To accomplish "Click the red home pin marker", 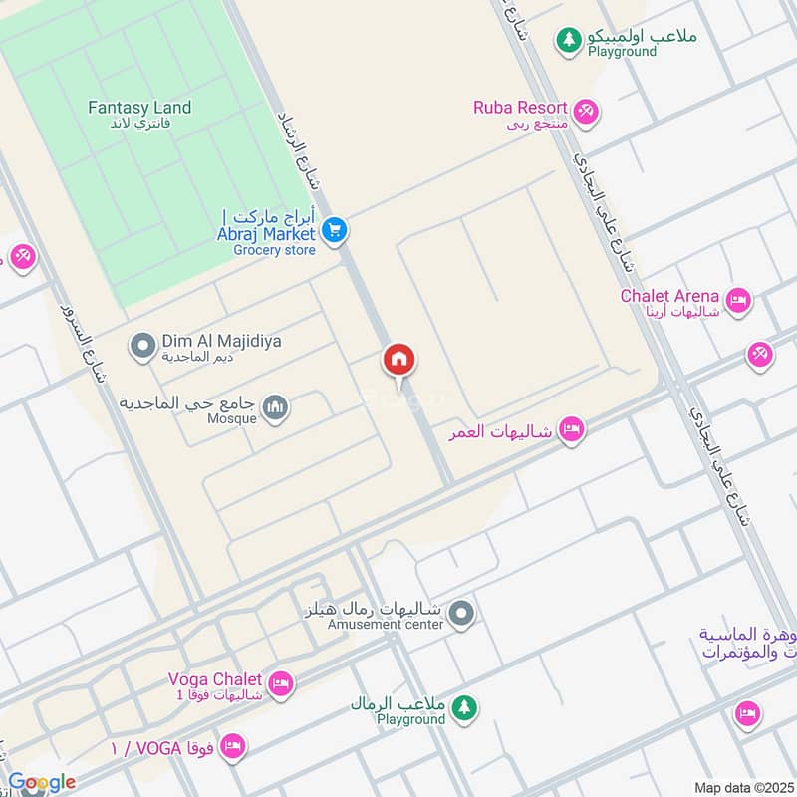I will coord(399,360).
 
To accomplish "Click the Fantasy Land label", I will coord(139,108).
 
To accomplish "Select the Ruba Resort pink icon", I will coord(587,111).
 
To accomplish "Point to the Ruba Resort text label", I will coord(520,108).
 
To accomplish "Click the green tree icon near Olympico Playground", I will coord(569,40).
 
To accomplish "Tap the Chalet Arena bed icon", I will coord(738,300).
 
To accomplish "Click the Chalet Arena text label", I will coord(669,295).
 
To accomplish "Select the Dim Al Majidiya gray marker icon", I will coord(142,346).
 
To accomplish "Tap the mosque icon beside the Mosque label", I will coord(276,407).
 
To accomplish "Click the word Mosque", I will coord(233,419).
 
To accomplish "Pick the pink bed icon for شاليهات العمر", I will coord(571,430).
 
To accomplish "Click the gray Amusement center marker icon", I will coord(460,615).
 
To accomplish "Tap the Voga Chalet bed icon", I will coord(282,683).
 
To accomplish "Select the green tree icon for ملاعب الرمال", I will coord(463,708).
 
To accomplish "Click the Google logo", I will coord(42,783).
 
